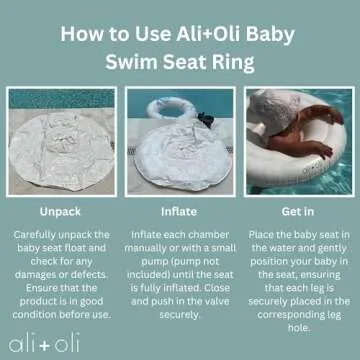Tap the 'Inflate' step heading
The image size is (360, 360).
pyautogui.click(x=180, y=212)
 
